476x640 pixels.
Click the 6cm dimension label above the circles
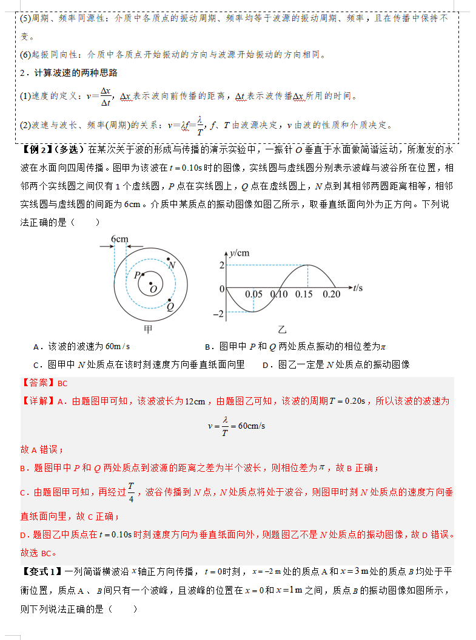click(119, 239)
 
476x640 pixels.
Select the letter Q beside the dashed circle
click(171, 307)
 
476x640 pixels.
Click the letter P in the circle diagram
click(138, 275)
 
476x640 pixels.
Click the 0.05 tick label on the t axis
click(253, 294)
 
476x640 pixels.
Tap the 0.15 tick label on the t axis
click(304, 294)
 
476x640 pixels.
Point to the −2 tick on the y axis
click(218, 314)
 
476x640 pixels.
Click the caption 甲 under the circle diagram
click(148, 330)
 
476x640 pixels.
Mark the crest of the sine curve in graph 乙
click(307, 265)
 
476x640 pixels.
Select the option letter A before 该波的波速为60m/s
click(37, 347)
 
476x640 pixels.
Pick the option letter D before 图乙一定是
click(266, 365)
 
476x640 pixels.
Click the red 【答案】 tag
click(39, 383)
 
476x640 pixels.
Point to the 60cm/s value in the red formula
click(252, 426)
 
